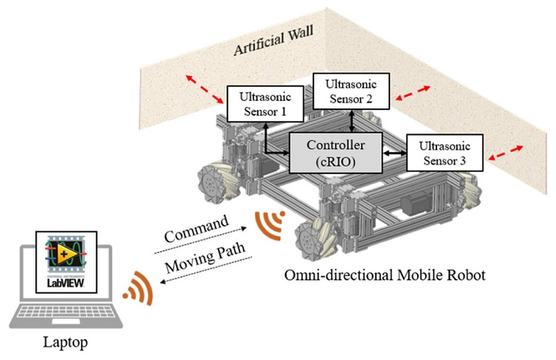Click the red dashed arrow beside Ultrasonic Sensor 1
(201, 88)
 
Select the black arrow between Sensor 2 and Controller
(353, 121)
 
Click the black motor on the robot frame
(414, 203)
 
